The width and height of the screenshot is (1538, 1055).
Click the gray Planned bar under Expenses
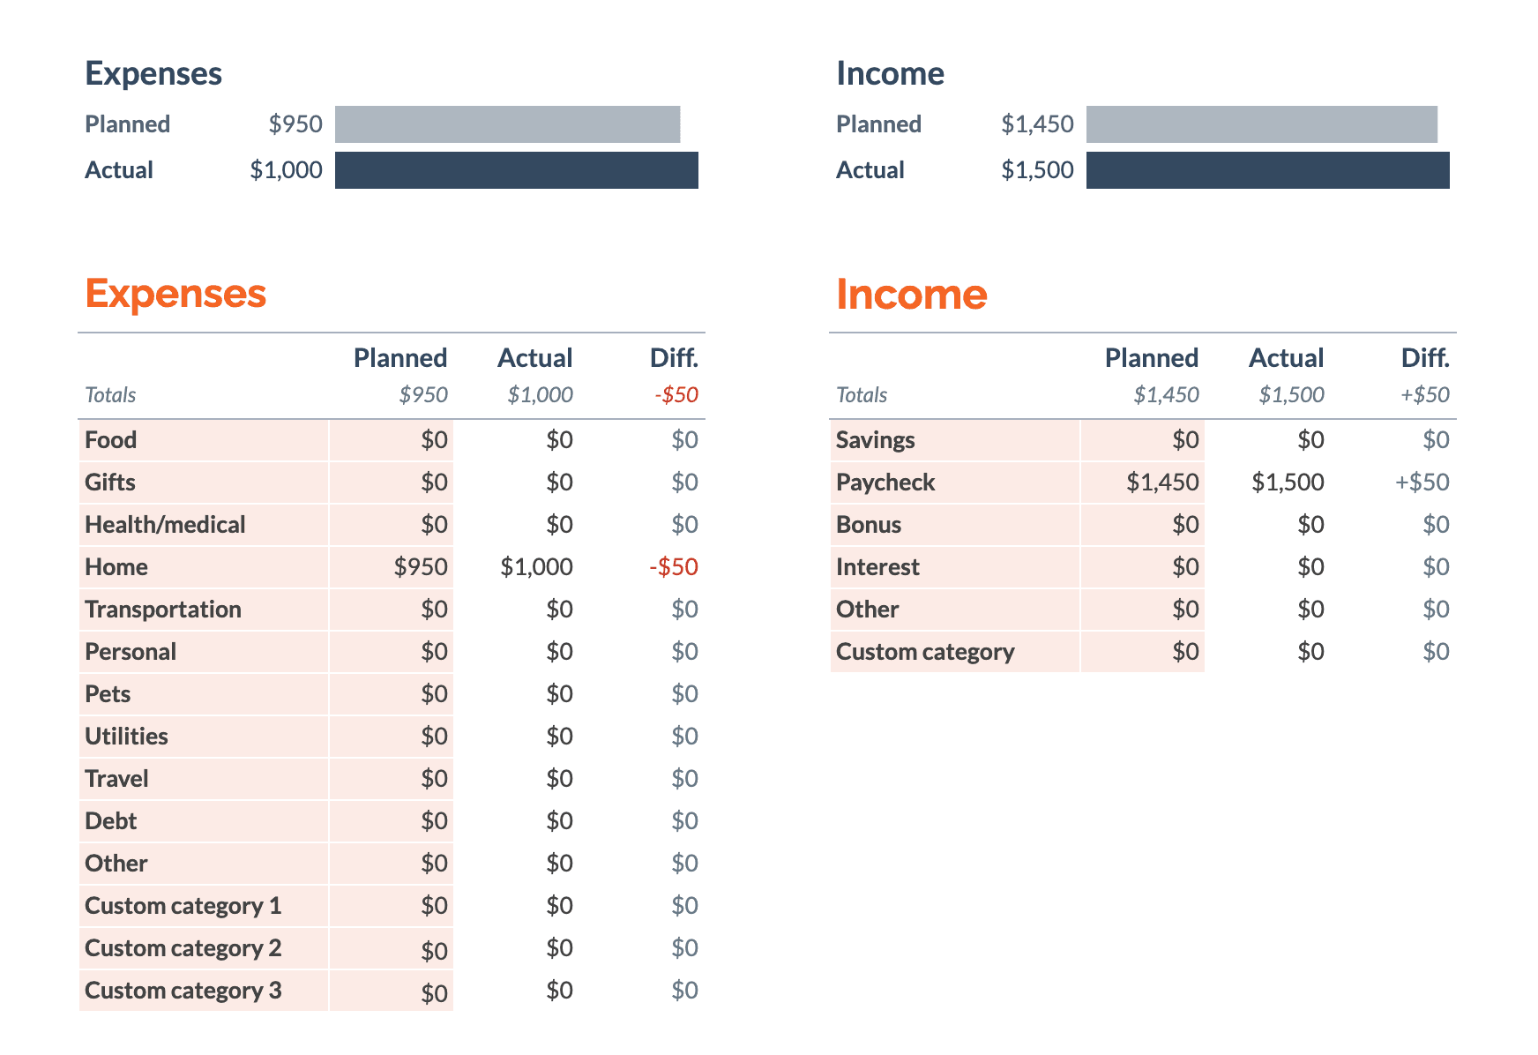[507, 124]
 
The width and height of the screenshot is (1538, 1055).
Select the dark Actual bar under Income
[1267, 170]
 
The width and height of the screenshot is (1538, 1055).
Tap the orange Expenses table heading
[175, 293]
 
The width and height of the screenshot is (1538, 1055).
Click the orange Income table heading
[911, 294]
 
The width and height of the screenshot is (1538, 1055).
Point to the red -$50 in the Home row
[674, 566]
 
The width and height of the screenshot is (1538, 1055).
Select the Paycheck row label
[885, 482]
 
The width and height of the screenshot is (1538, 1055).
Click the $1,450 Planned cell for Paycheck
[1161, 482]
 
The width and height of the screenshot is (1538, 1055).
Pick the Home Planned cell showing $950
[421, 566]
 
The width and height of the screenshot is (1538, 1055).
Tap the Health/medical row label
[165, 524]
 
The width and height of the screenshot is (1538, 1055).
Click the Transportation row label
[162, 609]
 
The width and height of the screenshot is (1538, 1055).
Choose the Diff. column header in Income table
[1424, 357]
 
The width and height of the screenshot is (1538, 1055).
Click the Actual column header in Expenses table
[534, 357]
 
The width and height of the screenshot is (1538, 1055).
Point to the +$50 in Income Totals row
[1424, 394]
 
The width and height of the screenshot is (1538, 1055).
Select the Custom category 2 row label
[183, 947]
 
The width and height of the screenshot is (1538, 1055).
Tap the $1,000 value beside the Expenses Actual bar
[286, 170]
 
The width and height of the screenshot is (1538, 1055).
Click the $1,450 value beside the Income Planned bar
[1037, 124]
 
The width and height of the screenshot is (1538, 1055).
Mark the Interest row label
[877, 566]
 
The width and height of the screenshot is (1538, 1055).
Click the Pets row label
[108, 693]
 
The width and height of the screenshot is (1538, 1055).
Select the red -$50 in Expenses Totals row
[676, 394]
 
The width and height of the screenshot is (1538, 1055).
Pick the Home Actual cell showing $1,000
[536, 566]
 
